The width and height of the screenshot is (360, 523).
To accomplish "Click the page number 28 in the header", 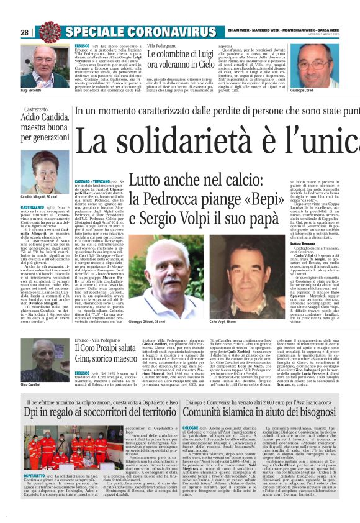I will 25,32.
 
